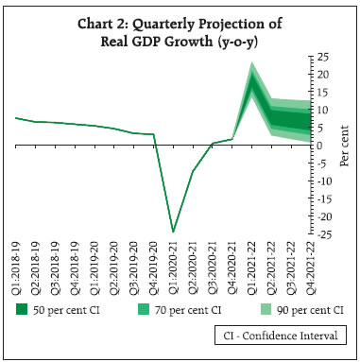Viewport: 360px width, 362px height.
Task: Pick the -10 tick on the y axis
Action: pyautogui.click(x=323, y=181)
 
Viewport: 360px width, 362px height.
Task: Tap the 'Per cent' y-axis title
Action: pyautogui.click(x=345, y=146)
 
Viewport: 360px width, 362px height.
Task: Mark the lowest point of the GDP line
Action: pyautogui.click(x=173, y=232)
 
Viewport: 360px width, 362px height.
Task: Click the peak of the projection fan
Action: pyautogui.click(x=252, y=64)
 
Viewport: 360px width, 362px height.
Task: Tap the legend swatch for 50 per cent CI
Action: pyautogui.click(x=22, y=309)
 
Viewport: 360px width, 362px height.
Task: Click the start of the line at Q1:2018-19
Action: pyautogui.click(x=15, y=118)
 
